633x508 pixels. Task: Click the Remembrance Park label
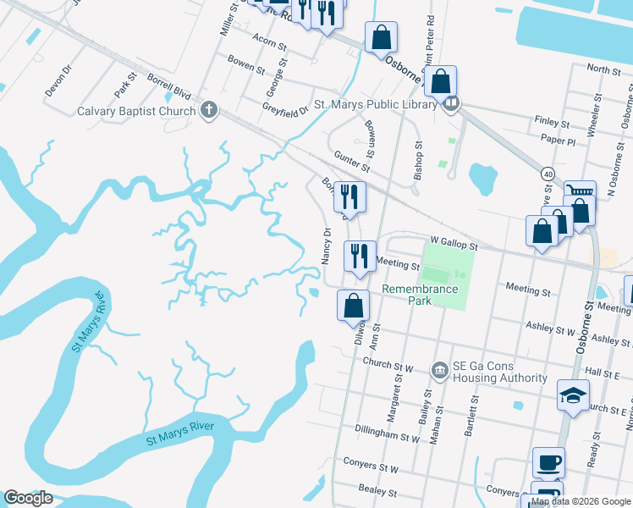click(420, 295)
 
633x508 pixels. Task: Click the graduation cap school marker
click(573, 395)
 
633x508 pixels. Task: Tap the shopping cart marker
click(580, 194)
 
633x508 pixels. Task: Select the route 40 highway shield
click(549, 174)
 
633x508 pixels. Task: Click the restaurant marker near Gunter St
click(350, 196)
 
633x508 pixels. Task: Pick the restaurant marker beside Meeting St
click(359, 255)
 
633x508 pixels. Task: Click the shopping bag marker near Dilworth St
click(354, 306)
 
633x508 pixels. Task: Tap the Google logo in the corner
click(28, 498)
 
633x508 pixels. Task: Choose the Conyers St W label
click(371, 467)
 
